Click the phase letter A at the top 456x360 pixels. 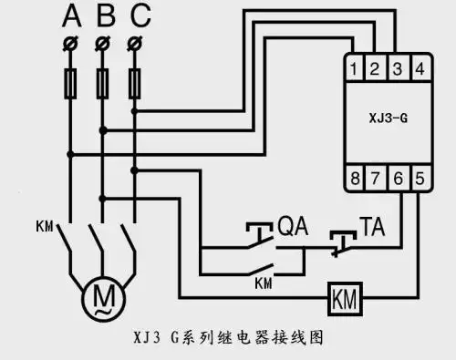[x=71, y=15]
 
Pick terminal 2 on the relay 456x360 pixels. [x=377, y=67]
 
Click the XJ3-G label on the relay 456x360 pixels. [x=388, y=118]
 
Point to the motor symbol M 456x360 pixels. [x=97, y=296]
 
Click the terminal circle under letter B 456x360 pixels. [x=104, y=43]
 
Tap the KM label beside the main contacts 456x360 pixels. [x=44, y=224]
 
